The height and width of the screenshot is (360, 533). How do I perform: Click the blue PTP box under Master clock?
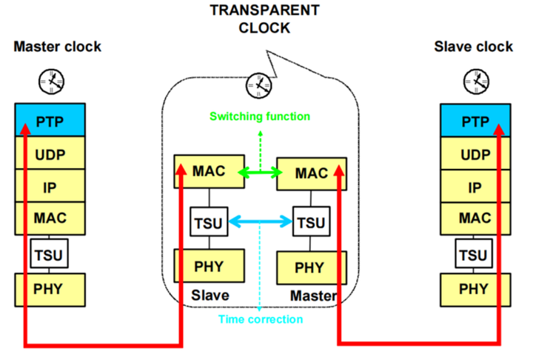coord(50,121)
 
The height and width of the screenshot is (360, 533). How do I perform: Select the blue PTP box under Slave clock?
coord(475,121)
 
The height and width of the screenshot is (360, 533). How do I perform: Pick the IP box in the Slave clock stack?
coord(475,187)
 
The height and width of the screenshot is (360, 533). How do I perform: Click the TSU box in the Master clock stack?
coord(50,256)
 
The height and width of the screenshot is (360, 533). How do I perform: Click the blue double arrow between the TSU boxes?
coord(259,220)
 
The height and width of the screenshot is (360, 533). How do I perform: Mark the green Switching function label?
coord(260,116)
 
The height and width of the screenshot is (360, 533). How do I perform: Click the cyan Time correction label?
coord(260,319)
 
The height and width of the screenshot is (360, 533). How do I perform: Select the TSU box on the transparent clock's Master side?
coord(309,221)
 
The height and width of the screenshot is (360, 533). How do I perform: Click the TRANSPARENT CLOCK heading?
coord(260,19)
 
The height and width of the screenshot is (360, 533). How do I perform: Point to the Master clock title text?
coord(57,47)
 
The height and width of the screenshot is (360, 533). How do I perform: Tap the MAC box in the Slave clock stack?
coord(475,219)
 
